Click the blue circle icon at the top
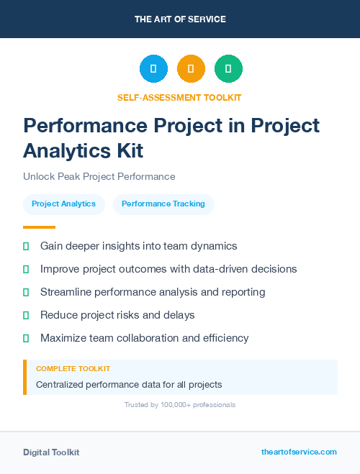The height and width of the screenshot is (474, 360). [x=153, y=69]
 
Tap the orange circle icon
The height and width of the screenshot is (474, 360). [x=191, y=69]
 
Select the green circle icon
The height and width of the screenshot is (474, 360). [x=228, y=69]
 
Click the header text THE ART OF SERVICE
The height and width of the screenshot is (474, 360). [x=180, y=19]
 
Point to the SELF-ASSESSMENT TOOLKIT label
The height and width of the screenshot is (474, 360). [x=179, y=97]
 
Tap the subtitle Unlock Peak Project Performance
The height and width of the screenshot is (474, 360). [x=99, y=176]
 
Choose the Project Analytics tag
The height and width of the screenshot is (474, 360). [x=64, y=204]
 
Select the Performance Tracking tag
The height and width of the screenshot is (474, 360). [x=163, y=204]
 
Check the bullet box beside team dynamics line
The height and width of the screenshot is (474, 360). [x=26, y=246]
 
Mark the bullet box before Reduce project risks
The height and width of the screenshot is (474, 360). [x=26, y=315]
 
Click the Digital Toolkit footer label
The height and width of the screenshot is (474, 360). [x=51, y=452]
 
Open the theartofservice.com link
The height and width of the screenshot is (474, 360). [x=299, y=452]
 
